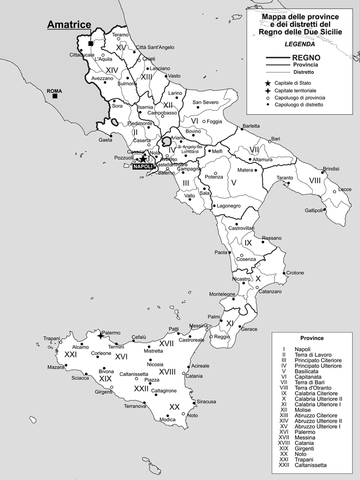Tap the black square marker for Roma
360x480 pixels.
pyautogui.click(x=54, y=96)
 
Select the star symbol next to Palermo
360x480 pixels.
pyautogui.click(x=101, y=335)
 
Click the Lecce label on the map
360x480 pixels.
pyautogui.click(x=345, y=189)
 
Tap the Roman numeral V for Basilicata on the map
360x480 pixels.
pyautogui.click(x=234, y=182)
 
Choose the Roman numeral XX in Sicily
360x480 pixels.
pyautogui.click(x=175, y=406)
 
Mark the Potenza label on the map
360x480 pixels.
pyautogui.click(x=214, y=177)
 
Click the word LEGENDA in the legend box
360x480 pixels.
pyautogui.click(x=300, y=44)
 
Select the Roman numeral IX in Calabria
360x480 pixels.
pyautogui.click(x=248, y=243)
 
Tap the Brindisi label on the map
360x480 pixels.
pyautogui.click(x=333, y=168)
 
